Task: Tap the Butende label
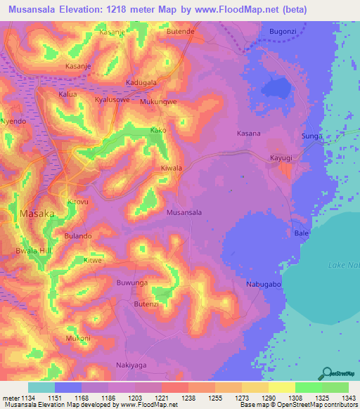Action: coord(179,32)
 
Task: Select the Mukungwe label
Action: coord(158,101)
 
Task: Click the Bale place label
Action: coord(302,233)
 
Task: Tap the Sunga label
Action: coord(311,136)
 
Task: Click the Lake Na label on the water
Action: coord(343,264)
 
